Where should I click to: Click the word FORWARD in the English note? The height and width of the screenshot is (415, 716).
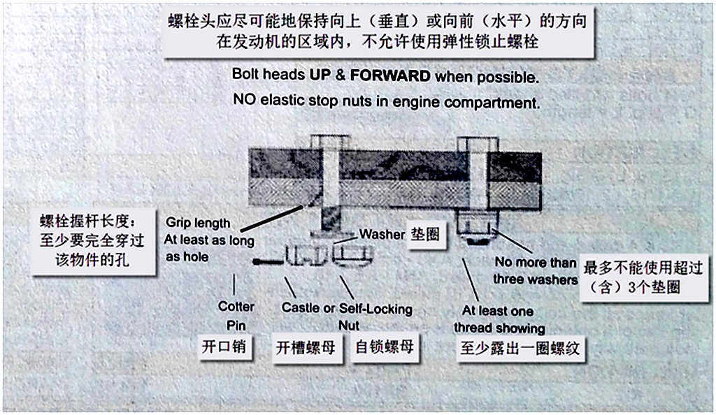[x=390, y=75]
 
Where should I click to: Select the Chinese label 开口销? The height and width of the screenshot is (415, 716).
[x=224, y=347]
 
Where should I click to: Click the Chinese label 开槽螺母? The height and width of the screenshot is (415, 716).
[x=306, y=348]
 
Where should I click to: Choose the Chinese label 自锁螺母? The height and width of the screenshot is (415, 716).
[x=385, y=347]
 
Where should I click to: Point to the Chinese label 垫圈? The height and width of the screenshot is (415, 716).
[x=425, y=235]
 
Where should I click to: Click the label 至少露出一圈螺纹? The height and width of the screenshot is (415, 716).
[x=520, y=349]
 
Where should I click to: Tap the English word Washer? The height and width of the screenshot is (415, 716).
[x=382, y=235]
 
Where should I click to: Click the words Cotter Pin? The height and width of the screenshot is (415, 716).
[x=236, y=316]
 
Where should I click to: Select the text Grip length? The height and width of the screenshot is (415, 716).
[x=198, y=223]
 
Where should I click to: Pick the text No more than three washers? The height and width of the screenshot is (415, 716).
[x=536, y=270]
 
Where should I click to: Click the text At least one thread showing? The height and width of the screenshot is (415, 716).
[x=499, y=319]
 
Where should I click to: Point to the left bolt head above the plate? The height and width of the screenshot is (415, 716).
[x=330, y=141]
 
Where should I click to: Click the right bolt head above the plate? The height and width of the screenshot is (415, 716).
[x=478, y=144]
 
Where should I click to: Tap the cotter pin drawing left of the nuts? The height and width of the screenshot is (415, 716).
[x=269, y=262]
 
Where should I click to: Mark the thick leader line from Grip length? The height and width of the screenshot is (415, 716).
[x=272, y=219]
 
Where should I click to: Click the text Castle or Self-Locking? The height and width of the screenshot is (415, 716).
[x=347, y=308]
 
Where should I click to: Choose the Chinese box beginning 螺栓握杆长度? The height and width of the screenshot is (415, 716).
[x=94, y=242]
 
